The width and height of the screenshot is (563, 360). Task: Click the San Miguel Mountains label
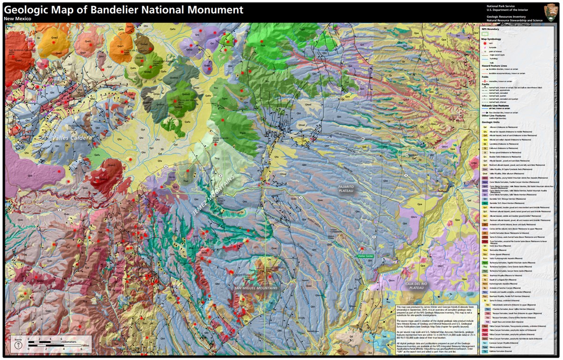[x=256, y=287]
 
